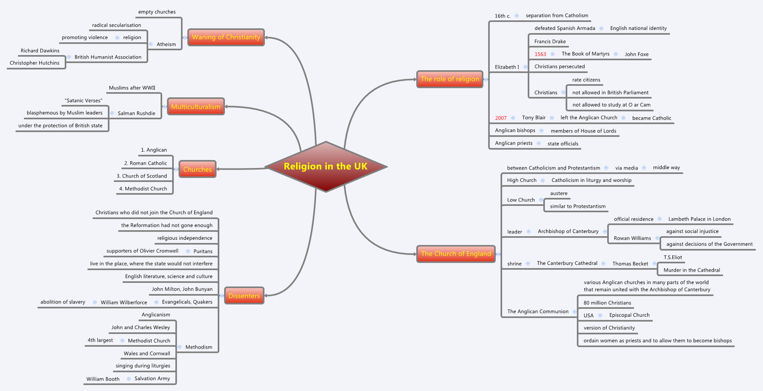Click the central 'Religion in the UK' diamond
(x=326, y=166)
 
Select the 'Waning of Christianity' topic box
(x=226, y=37)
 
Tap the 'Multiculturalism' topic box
(x=196, y=107)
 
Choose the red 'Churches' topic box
(x=197, y=169)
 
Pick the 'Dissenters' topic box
(x=244, y=296)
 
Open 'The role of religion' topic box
(x=449, y=79)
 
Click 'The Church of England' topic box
(x=456, y=254)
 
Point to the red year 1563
(x=540, y=54)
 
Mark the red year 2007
(x=501, y=118)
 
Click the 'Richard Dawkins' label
(x=40, y=51)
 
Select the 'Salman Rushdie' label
(x=136, y=113)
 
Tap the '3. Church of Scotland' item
(x=142, y=176)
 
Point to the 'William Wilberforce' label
(x=124, y=302)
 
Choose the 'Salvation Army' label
(x=152, y=379)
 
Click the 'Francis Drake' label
(x=550, y=41)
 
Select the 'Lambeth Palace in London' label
(x=699, y=219)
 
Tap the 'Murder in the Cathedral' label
(x=691, y=270)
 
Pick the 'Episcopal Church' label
(x=629, y=315)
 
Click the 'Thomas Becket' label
(x=630, y=264)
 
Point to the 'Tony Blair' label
(x=534, y=118)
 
